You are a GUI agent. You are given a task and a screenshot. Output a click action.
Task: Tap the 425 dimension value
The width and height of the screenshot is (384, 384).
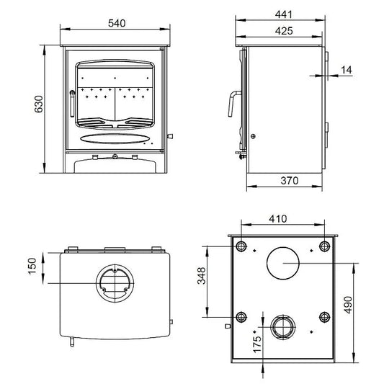coord(283,32)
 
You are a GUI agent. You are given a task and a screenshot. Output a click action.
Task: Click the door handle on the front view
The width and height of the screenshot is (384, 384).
coord(71,104)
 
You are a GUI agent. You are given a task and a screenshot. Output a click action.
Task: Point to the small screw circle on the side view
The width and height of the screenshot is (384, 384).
coord(252,136)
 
